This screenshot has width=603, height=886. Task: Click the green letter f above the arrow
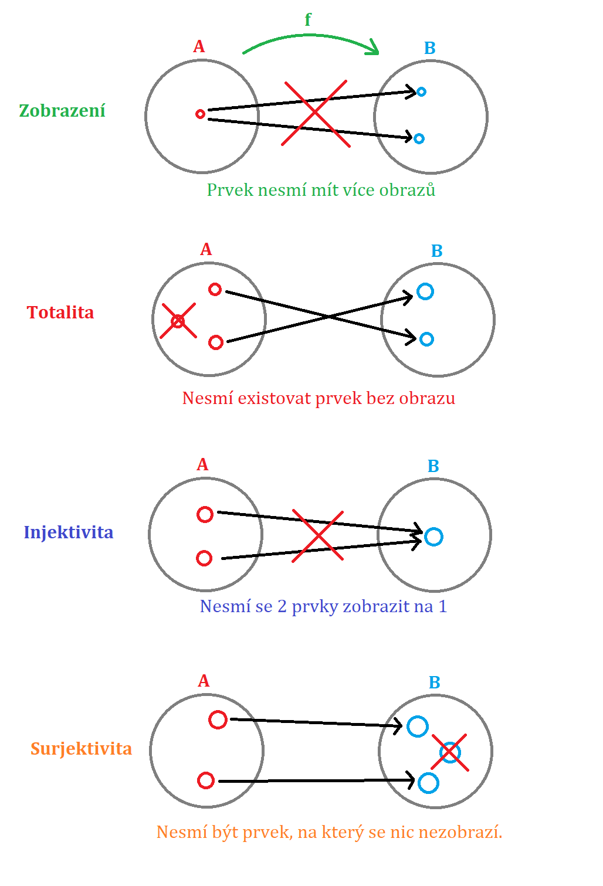(308, 20)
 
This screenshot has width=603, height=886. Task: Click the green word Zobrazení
(62, 111)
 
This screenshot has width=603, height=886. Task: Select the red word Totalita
(60, 313)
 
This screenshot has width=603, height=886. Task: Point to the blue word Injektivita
(69, 532)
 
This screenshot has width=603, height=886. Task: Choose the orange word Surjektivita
(81, 749)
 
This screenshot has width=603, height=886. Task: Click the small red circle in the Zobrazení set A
(200, 114)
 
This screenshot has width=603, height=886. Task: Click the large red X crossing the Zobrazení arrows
(315, 113)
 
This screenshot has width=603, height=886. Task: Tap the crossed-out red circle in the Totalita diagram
(178, 321)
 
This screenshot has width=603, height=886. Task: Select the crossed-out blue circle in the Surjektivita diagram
(449, 752)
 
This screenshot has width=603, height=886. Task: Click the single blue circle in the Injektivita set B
(433, 537)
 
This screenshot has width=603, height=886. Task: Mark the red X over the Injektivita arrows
(317, 536)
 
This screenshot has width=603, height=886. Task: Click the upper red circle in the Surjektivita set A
(218, 719)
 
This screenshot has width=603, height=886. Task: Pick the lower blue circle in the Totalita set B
(427, 339)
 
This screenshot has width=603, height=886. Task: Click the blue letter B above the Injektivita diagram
(433, 466)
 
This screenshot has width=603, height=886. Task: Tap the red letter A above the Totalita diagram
(206, 250)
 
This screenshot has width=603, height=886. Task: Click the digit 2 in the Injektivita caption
(282, 606)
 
